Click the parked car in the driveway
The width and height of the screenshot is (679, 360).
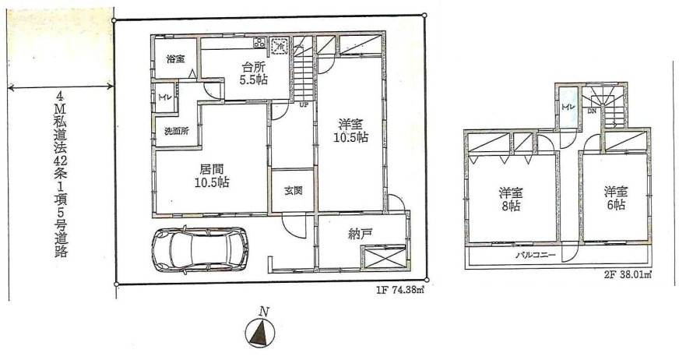200,249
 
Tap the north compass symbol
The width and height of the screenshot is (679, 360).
261,332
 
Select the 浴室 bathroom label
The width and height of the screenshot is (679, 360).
175,59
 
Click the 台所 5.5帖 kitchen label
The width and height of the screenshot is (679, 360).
255,74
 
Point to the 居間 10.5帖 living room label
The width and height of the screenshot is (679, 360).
212,175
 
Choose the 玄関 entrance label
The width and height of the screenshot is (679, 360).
293,191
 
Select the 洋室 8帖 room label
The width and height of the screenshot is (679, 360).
510,199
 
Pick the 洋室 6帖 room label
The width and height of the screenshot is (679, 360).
616,198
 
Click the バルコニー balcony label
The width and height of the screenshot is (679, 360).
535,255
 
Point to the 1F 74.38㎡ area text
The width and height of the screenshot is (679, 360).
399,291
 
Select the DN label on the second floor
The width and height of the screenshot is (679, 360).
592,111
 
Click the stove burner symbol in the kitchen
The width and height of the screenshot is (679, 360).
260,43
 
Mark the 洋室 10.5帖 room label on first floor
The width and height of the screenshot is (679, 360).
350,131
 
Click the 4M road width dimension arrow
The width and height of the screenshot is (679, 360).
61,88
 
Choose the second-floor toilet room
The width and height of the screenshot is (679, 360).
568,107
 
